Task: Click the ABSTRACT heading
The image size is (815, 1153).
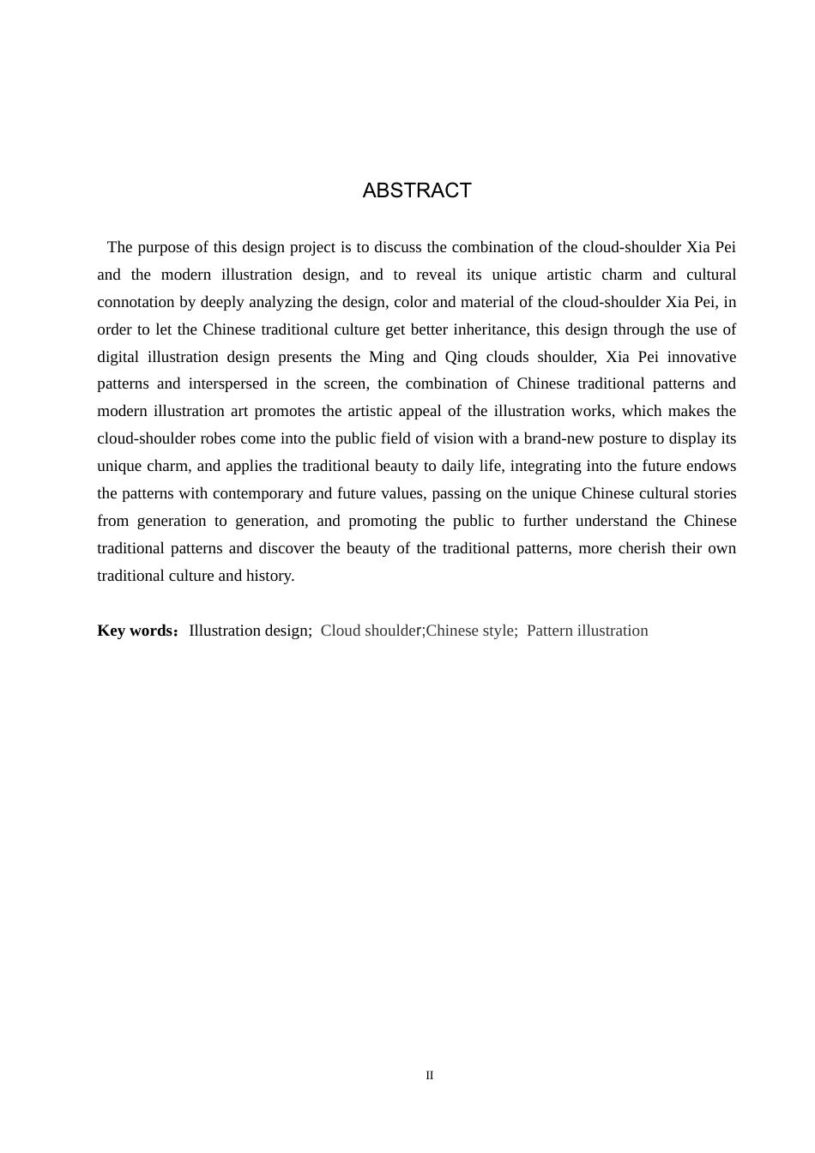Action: click(417, 190)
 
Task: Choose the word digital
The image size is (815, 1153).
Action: click(118, 357)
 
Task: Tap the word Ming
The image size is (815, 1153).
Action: click(386, 357)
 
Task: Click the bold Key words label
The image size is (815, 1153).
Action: click(136, 631)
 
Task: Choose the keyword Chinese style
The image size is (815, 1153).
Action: click(471, 631)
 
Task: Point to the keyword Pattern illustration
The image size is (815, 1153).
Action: click(587, 631)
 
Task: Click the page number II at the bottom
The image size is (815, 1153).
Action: click(430, 1076)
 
